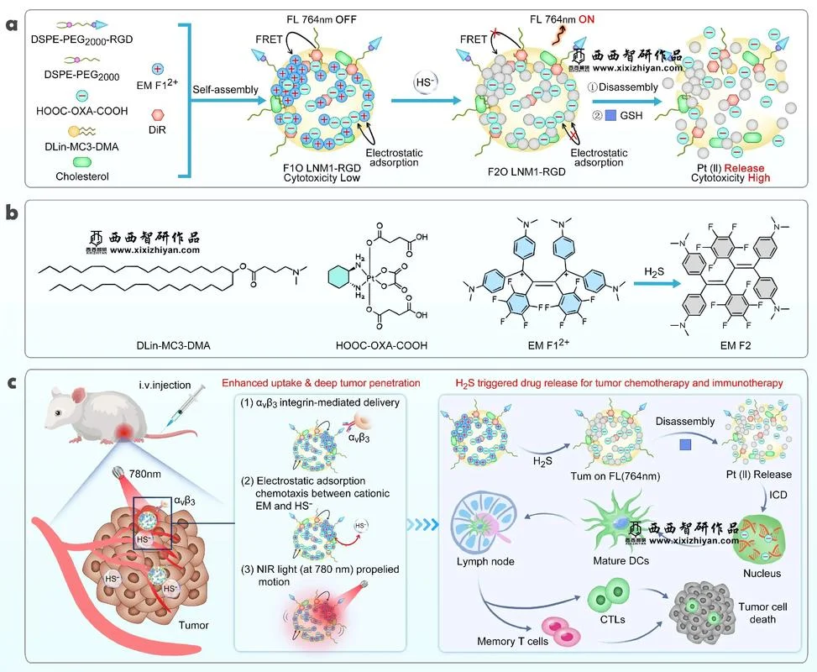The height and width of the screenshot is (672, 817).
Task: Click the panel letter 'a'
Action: coord(12,24)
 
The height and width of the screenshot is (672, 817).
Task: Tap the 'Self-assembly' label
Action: coord(225,90)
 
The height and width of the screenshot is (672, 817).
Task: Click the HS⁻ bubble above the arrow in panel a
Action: coord(425,83)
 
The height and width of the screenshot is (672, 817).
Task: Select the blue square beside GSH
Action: coord(610,115)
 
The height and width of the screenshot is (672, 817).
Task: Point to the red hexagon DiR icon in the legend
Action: coord(158,114)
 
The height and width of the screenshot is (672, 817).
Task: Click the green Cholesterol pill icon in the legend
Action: coord(81,162)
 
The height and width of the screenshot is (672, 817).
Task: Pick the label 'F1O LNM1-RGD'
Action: coord(322,168)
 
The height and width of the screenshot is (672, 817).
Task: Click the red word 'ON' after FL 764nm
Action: coord(586,19)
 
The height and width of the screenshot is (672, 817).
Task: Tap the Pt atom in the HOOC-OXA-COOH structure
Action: coord(370,279)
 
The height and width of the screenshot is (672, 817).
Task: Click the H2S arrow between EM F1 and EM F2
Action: coord(657,284)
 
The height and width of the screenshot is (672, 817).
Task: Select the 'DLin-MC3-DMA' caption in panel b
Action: coord(174,345)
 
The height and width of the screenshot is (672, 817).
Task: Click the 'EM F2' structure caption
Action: coord(736,345)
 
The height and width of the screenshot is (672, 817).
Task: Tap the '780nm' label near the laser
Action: coord(145,474)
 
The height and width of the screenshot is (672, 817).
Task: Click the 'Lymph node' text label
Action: coord(485,561)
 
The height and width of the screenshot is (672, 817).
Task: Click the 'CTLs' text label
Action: coord(612,620)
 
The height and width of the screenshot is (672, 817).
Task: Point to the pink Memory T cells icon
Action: coord(561,631)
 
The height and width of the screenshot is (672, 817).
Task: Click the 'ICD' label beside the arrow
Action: coord(778,495)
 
